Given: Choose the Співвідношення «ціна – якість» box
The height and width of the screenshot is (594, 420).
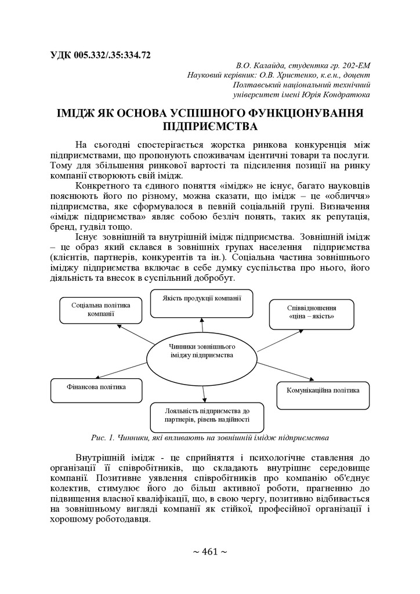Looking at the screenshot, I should tap(311, 314).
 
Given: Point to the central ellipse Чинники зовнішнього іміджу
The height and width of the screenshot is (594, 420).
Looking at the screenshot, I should tap(202, 351).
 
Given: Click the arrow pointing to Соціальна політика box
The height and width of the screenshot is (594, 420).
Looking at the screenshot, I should tap(135, 333).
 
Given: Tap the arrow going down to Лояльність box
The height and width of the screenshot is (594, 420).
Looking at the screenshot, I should tap(205, 393).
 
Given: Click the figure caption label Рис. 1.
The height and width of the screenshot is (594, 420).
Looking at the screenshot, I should tap(102, 437).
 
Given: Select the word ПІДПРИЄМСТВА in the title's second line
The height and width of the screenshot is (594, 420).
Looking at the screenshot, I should tap(210, 125).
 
